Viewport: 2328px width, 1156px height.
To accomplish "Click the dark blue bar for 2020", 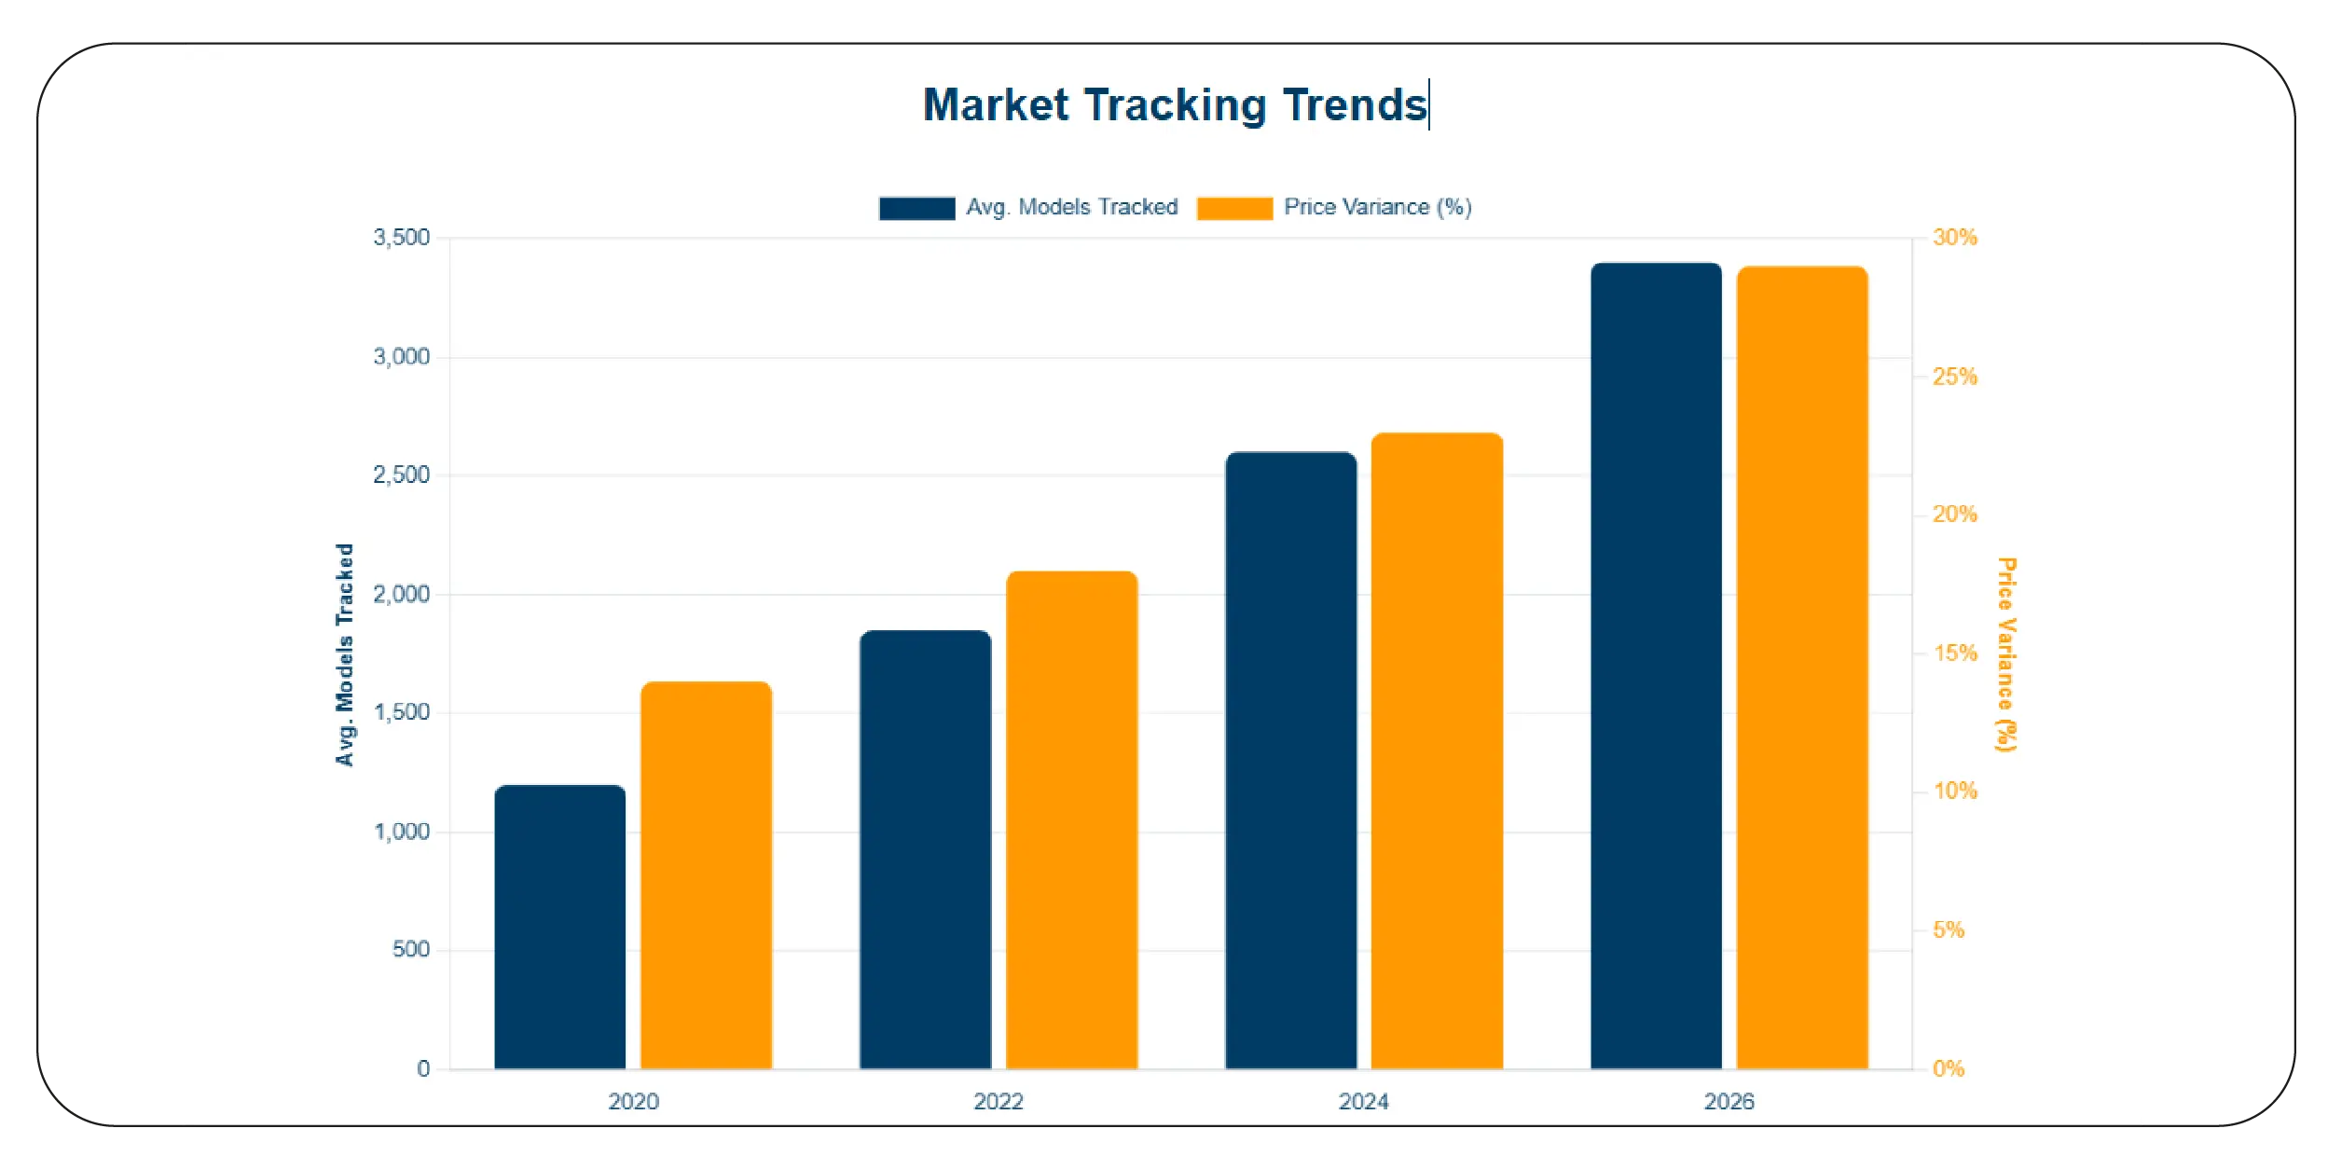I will (x=559, y=927).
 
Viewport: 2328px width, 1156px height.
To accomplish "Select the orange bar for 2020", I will (x=706, y=875).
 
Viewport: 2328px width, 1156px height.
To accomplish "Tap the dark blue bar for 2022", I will (x=925, y=849).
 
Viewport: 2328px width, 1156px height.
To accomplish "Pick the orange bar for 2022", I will (x=1071, y=819).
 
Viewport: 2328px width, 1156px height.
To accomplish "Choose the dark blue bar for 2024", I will (x=1290, y=760).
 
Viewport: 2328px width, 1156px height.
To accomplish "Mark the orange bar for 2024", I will (x=1437, y=750).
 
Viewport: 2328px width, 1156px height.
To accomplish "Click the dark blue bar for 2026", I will (x=1656, y=666).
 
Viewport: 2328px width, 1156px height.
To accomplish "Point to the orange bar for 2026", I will (x=1802, y=667).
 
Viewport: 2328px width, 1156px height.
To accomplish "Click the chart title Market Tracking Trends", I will (x=1175, y=104).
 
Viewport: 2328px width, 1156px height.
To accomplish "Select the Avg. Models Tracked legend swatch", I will (x=916, y=208).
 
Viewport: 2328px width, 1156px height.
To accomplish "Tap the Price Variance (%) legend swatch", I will (x=1234, y=208).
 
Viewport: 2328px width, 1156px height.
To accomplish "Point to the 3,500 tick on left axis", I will (x=402, y=238).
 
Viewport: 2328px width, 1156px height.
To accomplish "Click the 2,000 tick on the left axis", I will (x=402, y=595).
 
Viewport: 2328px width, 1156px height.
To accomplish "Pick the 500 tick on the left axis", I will (x=411, y=950).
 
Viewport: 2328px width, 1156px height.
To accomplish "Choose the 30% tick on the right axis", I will (x=1955, y=238).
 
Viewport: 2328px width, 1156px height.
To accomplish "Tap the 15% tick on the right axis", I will (x=1955, y=654).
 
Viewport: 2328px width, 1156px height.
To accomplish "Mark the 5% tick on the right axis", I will (x=1949, y=930).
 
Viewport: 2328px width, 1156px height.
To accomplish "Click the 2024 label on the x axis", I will (x=1363, y=1102).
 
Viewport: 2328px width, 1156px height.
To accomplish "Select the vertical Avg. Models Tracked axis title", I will (x=345, y=654).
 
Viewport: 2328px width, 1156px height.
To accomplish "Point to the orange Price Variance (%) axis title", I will (x=2005, y=654).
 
